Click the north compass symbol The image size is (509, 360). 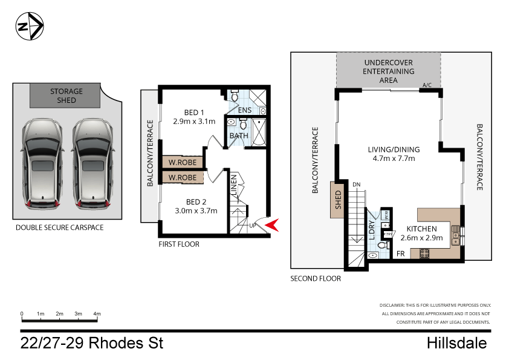click(29, 27)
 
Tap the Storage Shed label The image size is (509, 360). click(66, 96)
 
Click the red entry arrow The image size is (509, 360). click(273, 225)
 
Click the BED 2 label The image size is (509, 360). click(197, 201)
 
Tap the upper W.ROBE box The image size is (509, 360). click(182, 162)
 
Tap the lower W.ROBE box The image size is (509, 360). click(182, 177)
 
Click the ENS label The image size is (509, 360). click(244, 111)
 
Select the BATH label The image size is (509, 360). click(239, 136)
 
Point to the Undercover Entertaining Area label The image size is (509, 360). click(388, 71)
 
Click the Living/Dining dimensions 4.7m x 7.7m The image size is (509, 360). click(394, 159)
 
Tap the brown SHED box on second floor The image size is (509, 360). click(337, 199)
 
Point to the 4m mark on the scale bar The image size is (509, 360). click(97, 314)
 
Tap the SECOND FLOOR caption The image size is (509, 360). click(316, 279)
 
